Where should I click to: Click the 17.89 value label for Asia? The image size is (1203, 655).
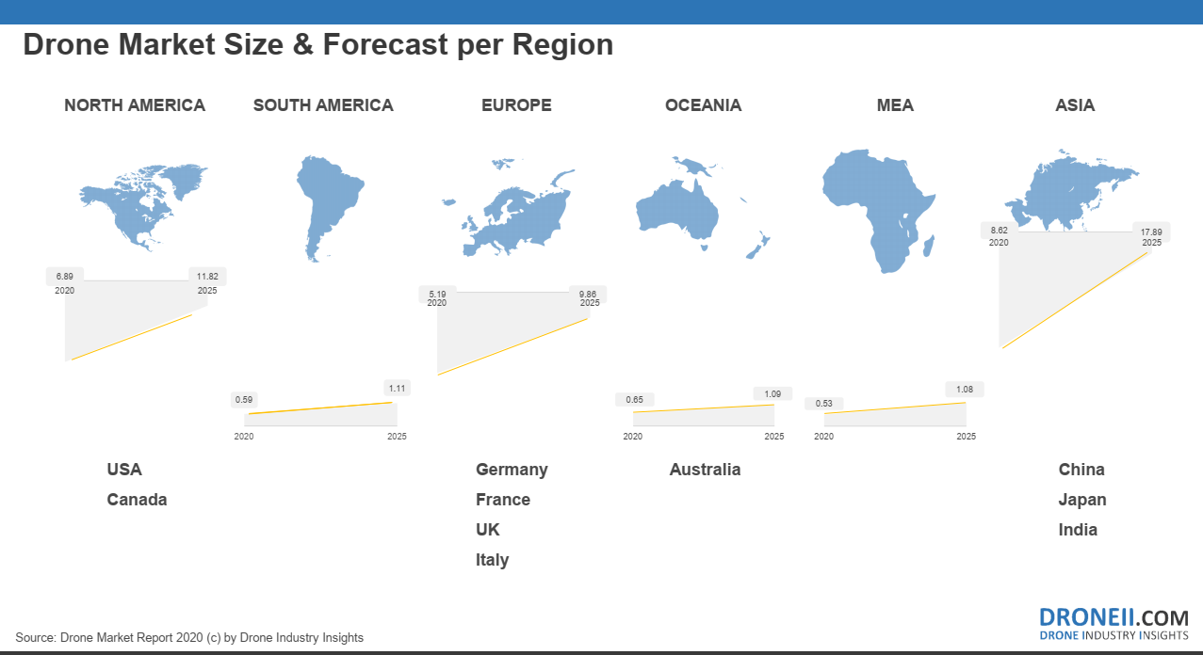[1151, 232]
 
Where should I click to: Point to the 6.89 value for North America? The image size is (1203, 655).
[64, 277]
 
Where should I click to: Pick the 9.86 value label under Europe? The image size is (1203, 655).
[588, 294]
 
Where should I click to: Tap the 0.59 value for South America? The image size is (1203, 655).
[244, 400]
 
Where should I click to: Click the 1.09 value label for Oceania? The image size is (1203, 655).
[772, 393]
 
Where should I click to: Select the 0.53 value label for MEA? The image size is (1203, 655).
[824, 404]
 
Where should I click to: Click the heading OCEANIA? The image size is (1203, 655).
[703, 105]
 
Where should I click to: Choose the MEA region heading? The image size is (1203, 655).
[895, 105]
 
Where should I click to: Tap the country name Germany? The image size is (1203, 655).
[512, 470]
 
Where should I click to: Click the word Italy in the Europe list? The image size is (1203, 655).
[492, 560]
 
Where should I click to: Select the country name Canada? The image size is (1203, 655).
[137, 500]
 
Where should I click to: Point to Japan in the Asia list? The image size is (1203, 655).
[1082, 500]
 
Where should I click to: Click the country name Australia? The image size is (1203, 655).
[705, 470]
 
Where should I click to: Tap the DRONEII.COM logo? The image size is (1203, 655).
[1114, 624]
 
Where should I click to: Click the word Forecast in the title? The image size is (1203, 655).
[384, 44]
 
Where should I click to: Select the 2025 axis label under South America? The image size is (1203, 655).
[397, 436]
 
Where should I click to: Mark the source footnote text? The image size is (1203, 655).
[189, 637]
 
